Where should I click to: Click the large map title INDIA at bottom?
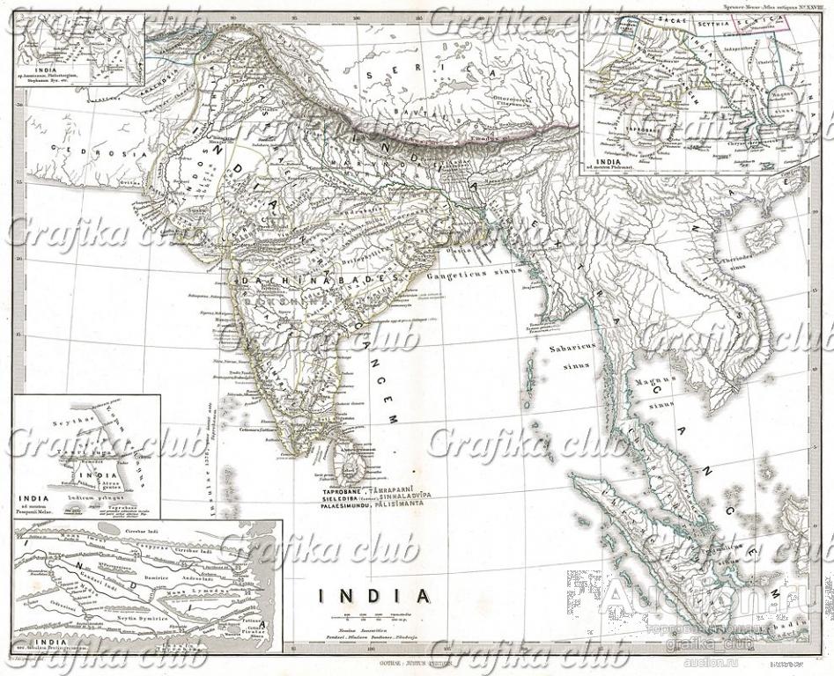click(x=374, y=596)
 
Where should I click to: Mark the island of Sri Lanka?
click(x=350, y=462)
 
